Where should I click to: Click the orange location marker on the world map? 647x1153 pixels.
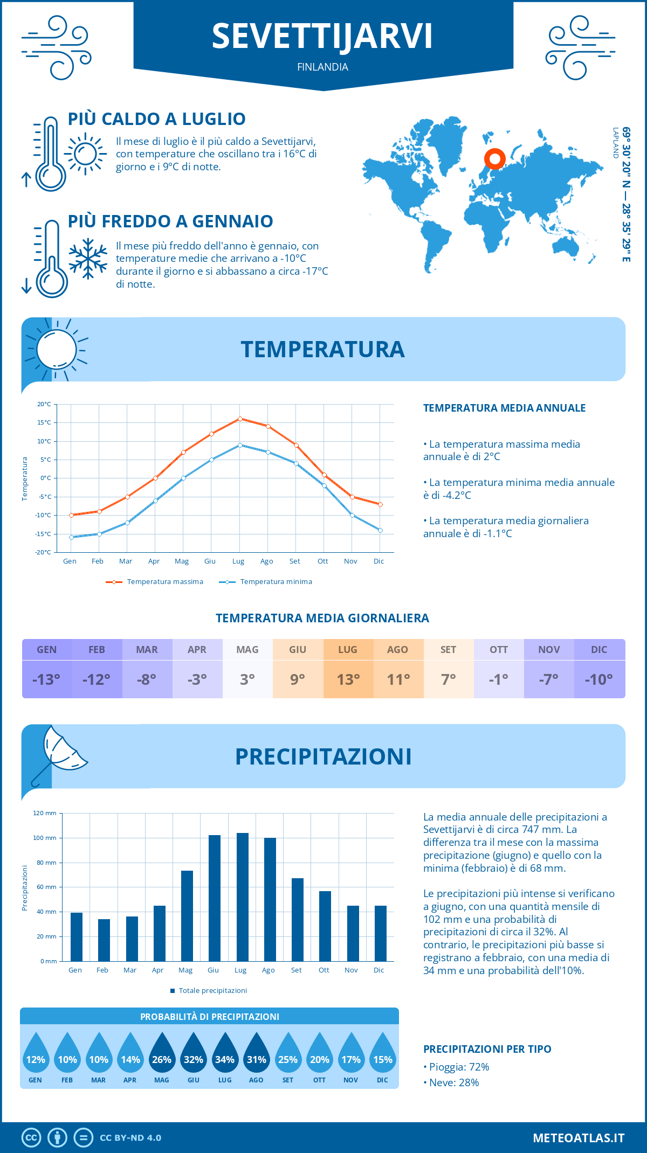point(494,159)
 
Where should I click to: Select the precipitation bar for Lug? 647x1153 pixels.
point(243,897)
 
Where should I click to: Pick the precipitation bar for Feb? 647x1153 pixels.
point(104,940)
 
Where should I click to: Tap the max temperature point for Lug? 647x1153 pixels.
point(240,419)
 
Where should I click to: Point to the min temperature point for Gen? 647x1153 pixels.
point(71,537)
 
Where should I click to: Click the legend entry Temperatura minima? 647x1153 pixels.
point(266,582)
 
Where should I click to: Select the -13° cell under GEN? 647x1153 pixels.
point(47,679)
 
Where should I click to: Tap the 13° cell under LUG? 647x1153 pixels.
point(348,679)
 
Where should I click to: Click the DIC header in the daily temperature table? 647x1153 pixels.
point(599,650)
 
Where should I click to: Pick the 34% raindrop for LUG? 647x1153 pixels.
point(225,1055)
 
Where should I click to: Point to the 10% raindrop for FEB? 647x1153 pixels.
point(67,1055)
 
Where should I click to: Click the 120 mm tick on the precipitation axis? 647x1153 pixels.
point(45,813)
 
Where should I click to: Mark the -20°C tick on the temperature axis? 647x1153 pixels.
point(43,552)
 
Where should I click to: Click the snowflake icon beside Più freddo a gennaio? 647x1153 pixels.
point(88,259)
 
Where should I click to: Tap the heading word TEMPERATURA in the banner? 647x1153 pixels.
point(322,349)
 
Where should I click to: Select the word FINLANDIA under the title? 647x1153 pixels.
point(322,67)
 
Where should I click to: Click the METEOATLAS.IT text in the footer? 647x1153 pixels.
point(579,1138)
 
